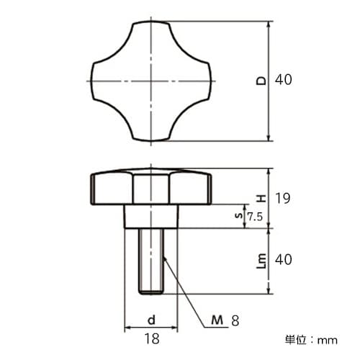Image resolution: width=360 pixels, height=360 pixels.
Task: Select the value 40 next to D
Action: click(283, 81)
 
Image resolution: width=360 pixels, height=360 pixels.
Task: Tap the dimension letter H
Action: click(261, 197)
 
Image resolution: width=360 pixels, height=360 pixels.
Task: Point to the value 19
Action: click(283, 197)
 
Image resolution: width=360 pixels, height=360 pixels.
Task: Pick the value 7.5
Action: click(254, 216)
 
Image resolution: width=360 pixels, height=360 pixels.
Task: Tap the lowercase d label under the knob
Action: click(151, 318)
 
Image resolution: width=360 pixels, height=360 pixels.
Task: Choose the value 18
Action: click(151, 338)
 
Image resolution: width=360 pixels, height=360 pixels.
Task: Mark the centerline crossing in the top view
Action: click(151, 81)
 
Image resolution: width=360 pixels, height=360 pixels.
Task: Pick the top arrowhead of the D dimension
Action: click(269, 24)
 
